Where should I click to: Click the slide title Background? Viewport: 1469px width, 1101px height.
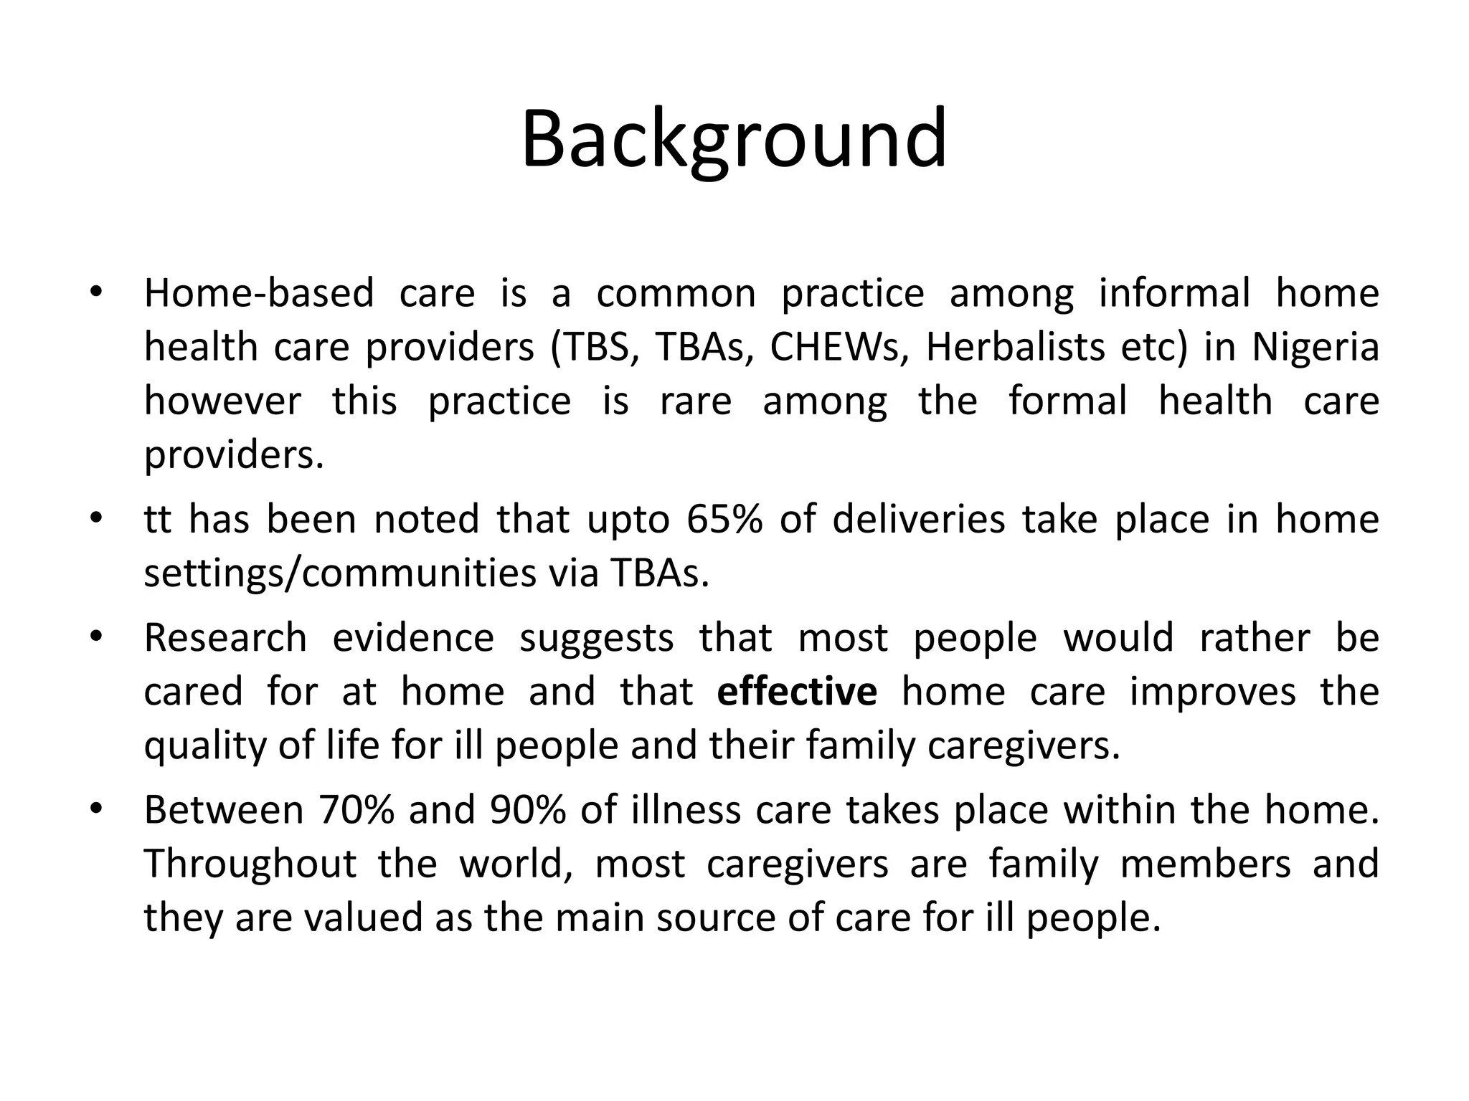[734, 140]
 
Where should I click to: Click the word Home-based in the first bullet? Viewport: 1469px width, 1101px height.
[259, 294]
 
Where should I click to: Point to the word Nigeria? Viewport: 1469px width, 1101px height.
[1315, 348]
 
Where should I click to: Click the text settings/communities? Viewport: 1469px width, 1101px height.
[340, 573]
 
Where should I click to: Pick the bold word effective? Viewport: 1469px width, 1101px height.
[796, 692]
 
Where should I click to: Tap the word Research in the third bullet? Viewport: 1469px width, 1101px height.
[225, 638]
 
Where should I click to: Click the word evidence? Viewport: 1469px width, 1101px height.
[413, 638]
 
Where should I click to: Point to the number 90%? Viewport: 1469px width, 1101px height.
[527, 811]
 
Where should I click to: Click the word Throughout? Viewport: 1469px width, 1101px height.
[250, 864]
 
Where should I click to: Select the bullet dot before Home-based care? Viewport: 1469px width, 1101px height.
[97, 292]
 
